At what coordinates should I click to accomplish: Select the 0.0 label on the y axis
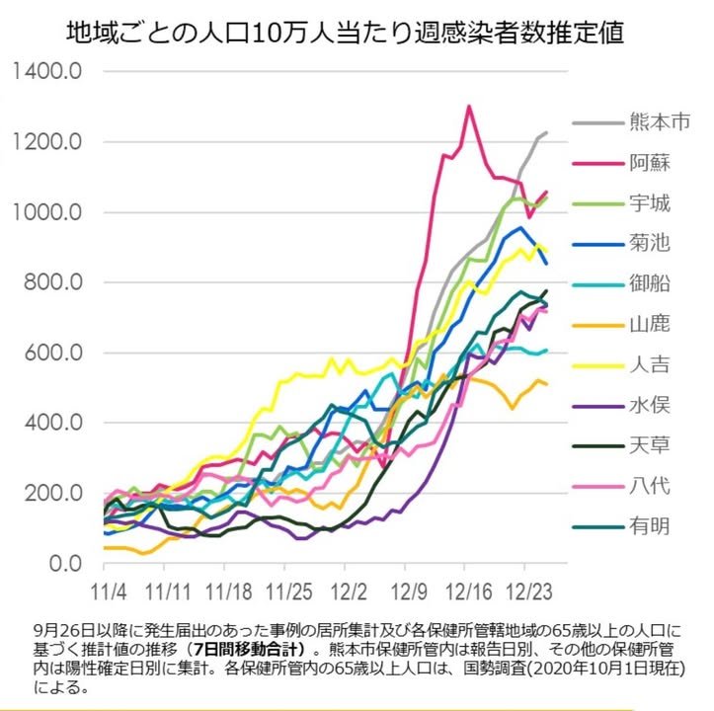point(66,563)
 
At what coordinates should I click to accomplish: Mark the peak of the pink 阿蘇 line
point(469,106)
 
